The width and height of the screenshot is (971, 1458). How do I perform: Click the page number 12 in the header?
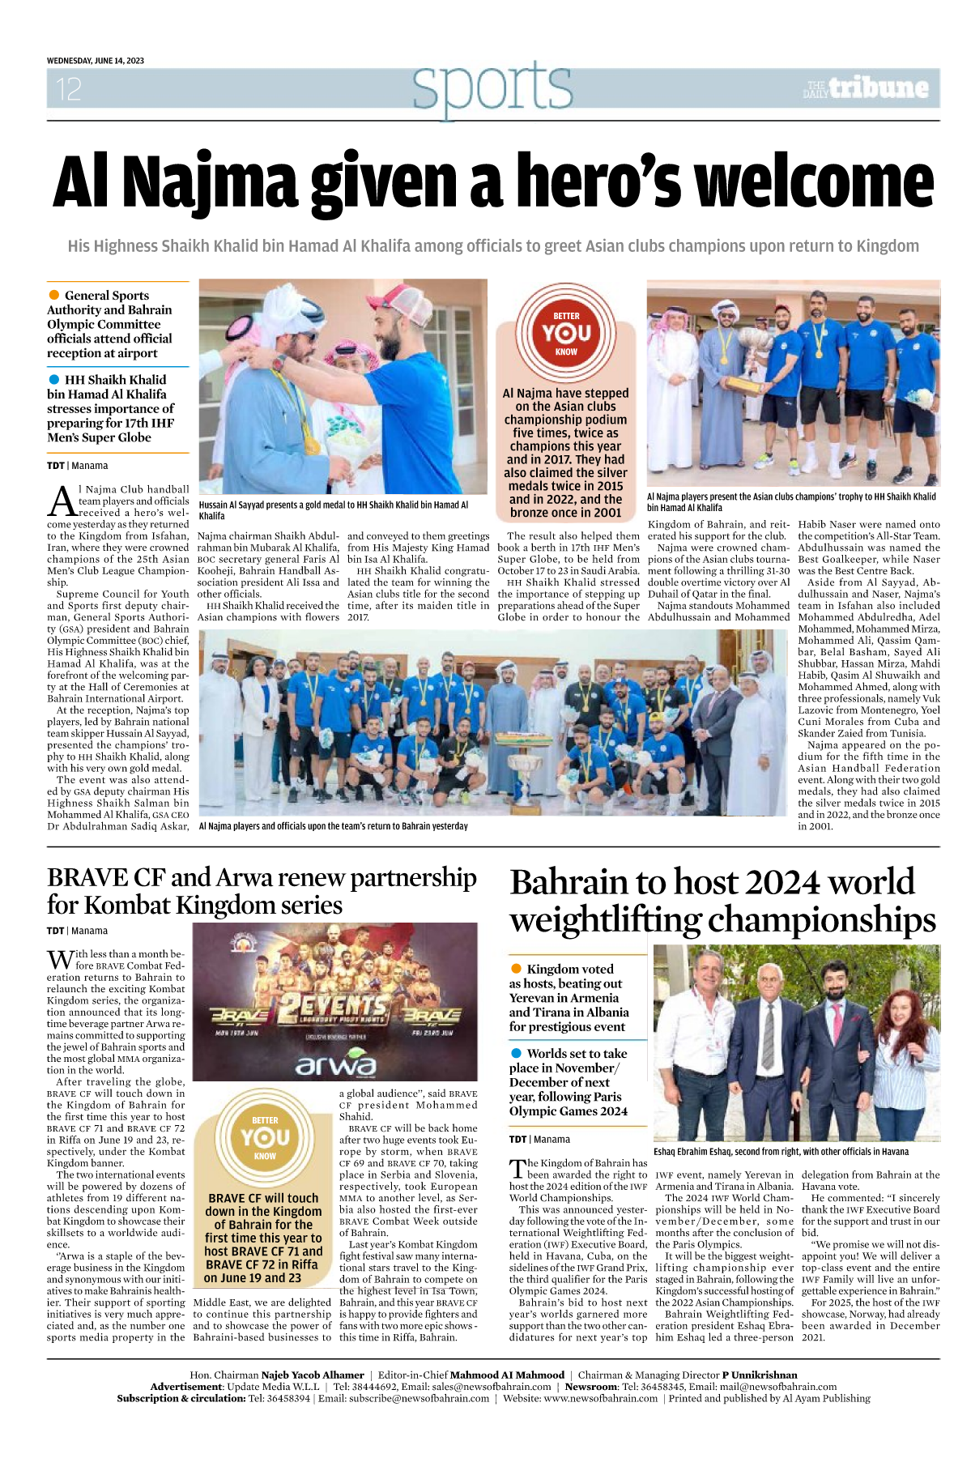coord(69,89)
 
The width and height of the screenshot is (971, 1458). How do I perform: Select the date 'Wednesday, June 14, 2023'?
coord(96,61)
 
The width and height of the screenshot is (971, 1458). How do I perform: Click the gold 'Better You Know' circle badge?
coord(265,1137)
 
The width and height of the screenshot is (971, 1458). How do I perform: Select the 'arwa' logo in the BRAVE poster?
coord(335,1064)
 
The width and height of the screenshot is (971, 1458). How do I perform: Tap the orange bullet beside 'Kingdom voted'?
coord(516,969)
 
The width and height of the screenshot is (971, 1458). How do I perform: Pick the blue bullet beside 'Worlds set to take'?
coord(516,1053)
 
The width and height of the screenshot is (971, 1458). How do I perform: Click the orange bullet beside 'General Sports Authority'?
coord(54,295)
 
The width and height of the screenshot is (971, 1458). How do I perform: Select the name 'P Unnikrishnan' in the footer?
coord(760,1375)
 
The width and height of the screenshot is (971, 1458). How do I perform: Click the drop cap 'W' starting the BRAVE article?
coord(60,961)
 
